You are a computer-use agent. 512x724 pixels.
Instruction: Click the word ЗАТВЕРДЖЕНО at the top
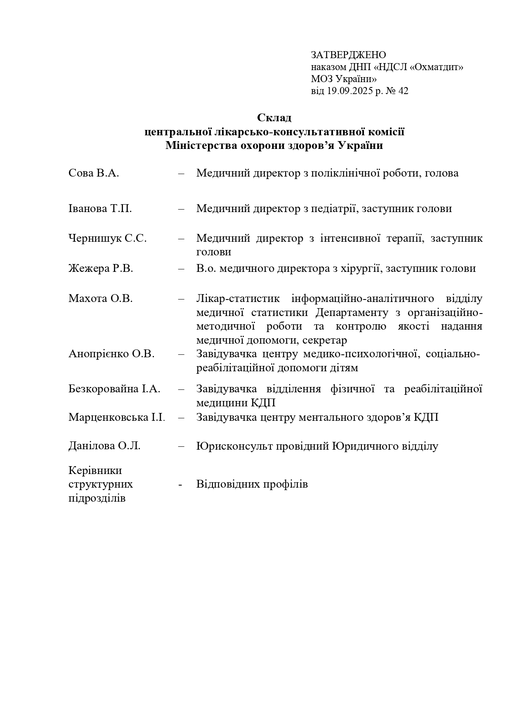pyautogui.click(x=348, y=55)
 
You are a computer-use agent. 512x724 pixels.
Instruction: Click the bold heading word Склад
pyautogui.click(x=274, y=118)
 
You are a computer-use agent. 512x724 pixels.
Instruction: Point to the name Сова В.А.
pyautogui.click(x=94, y=173)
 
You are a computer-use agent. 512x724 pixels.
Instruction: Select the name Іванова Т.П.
pyautogui.click(x=100, y=209)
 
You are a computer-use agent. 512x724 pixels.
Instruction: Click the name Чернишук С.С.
pyautogui.click(x=107, y=238)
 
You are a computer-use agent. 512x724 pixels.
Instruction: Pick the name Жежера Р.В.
pyautogui.click(x=101, y=269)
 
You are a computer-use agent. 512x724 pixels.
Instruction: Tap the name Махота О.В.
pyautogui.click(x=101, y=299)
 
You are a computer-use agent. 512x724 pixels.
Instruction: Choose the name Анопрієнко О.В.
pyautogui.click(x=111, y=354)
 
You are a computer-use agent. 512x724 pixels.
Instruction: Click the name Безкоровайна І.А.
pyautogui.click(x=114, y=389)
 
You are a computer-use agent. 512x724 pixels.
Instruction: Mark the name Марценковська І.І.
pyautogui.click(x=117, y=417)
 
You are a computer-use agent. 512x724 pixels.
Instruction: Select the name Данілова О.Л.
pyautogui.click(x=104, y=446)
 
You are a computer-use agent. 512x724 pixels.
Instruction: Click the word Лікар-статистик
pyautogui.click(x=238, y=299)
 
